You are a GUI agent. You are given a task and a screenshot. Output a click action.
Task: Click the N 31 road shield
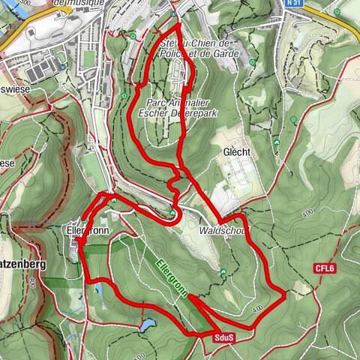coord(294,4)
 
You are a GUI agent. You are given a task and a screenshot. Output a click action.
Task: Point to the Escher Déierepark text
coord(178,114)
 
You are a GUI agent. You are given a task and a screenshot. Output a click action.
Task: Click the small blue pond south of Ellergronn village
coord(97,286)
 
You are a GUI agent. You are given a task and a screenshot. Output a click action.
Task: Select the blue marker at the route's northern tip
coord(173,13)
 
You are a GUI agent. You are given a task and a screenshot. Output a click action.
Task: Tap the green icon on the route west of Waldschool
coord(174,214)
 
